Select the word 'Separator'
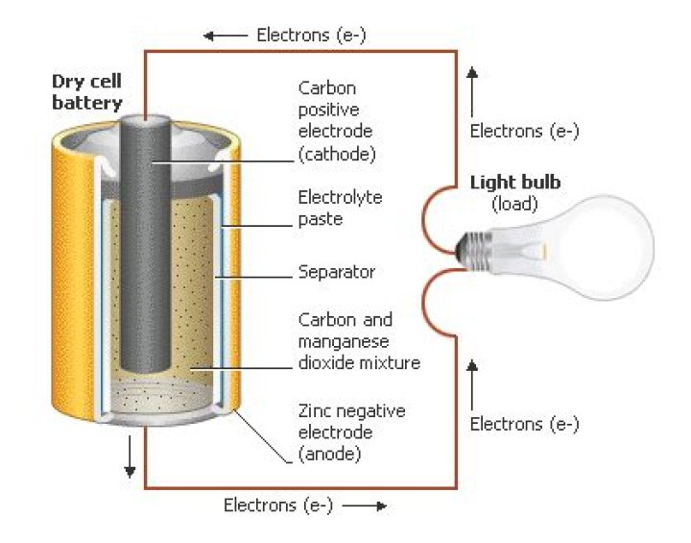click(336, 272)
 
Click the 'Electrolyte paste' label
click(340, 209)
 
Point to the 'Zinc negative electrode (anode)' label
click(351, 432)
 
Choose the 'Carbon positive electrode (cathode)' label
click(336, 120)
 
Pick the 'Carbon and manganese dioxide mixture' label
click(359, 341)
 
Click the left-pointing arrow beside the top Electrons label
click(226, 36)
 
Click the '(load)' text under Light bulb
click(515, 204)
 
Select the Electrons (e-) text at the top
click(312, 36)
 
